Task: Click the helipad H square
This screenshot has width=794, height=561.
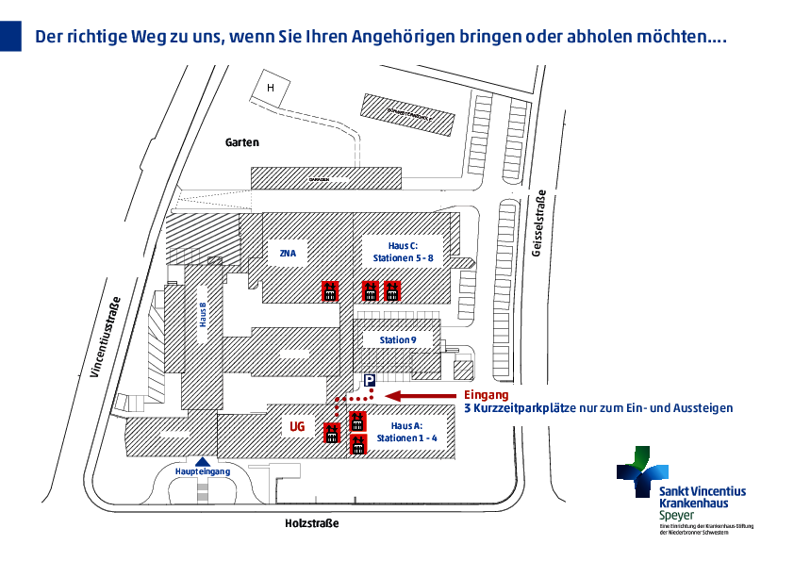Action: point(270,88)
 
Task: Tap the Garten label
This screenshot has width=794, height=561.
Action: point(241,142)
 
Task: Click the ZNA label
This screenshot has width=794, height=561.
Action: point(288,253)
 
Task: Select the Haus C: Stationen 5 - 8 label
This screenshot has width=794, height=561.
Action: point(403,250)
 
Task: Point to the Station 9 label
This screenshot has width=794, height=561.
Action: point(398,339)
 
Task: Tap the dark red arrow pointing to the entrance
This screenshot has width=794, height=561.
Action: point(423,395)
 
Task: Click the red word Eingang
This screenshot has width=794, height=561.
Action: point(487,395)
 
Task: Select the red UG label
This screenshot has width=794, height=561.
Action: point(297,427)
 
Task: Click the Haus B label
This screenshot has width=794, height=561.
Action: point(202,313)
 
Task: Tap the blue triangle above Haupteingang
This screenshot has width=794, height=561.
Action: point(203,460)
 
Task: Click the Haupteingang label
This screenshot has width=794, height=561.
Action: point(203,471)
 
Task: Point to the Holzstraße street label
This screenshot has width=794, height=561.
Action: point(311,523)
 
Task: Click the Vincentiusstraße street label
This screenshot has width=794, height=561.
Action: point(105,338)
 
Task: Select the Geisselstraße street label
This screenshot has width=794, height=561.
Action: point(540,226)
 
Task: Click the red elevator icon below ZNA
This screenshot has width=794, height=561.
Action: point(330,290)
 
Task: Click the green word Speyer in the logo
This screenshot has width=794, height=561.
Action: point(675,516)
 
